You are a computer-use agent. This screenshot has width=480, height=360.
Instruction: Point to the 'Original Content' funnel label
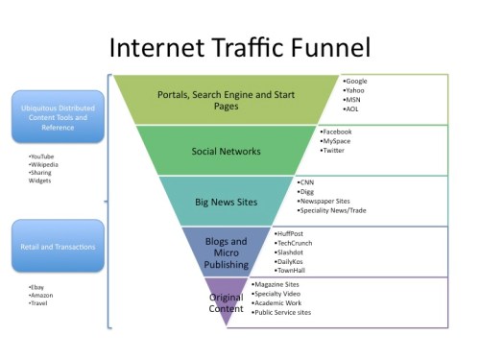227,302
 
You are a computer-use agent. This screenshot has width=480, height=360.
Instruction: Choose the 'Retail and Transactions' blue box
58,246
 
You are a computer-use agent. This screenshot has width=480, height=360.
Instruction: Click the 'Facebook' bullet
338,131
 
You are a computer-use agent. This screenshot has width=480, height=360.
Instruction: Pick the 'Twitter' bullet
334,151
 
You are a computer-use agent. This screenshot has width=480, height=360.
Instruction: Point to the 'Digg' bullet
307,191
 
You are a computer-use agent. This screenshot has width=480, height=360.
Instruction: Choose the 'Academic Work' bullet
277,303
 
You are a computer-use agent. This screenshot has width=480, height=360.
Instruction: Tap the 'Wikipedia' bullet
44,164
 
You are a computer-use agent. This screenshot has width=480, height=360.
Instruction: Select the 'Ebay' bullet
37,286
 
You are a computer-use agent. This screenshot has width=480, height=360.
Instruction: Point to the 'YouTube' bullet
42,156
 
